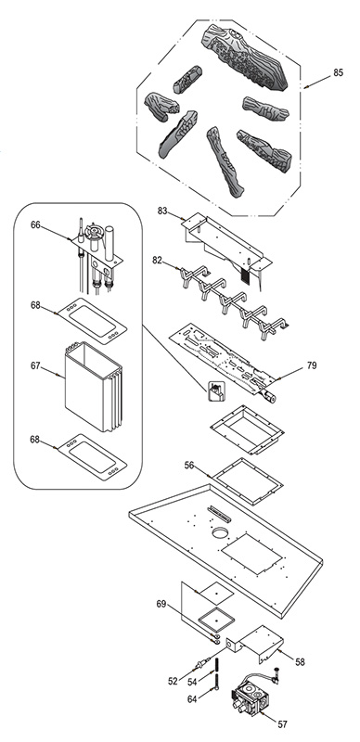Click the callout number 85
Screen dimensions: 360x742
[338, 73]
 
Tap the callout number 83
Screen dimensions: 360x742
[162, 211]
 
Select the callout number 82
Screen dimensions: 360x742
[158, 260]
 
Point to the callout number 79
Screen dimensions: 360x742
[312, 365]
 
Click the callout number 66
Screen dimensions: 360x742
[35, 224]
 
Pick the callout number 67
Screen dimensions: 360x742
[35, 365]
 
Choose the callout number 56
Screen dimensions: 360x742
[189, 466]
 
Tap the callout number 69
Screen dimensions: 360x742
[161, 604]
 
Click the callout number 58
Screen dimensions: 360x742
[300, 662]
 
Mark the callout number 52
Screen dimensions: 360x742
[173, 682]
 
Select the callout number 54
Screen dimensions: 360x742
[192, 682]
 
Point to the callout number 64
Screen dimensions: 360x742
[192, 699]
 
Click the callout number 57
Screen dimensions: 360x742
[283, 724]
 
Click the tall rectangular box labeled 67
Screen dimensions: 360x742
[93, 386]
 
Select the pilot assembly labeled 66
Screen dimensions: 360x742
[97, 258]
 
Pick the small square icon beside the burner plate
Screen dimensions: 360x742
[217, 390]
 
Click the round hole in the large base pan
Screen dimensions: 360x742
[220, 533]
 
